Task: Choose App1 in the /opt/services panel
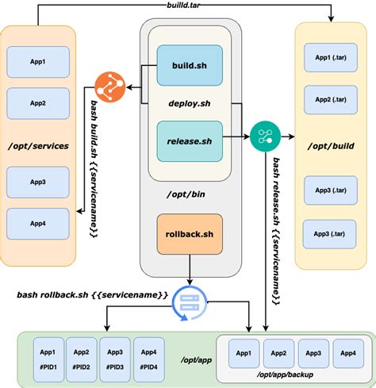[37, 60]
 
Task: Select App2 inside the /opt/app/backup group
[278, 352]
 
